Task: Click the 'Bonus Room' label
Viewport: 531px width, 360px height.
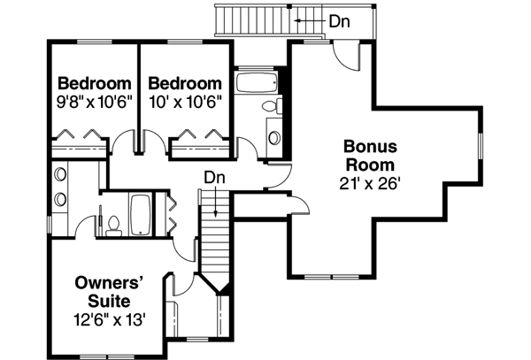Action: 370,155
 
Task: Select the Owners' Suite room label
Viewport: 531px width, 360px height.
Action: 109,293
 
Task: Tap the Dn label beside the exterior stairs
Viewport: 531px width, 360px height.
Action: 337,19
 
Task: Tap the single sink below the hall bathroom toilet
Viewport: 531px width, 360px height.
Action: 273,138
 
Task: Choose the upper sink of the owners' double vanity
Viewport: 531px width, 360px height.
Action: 60,174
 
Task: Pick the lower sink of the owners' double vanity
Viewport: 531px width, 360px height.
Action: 60,197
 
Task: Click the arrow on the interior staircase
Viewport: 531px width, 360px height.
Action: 216,208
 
